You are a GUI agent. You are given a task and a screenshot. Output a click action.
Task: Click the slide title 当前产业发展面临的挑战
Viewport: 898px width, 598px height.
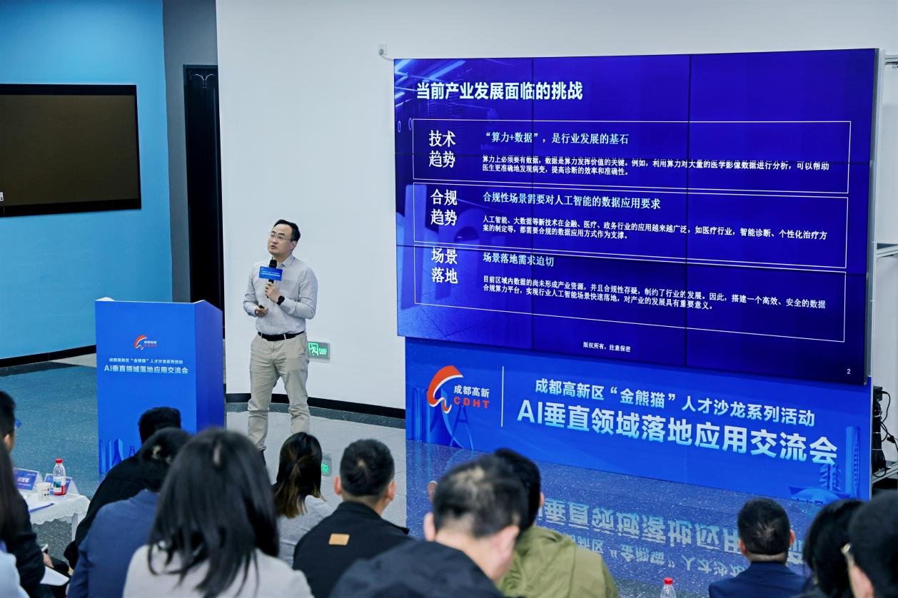[x=499, y=91]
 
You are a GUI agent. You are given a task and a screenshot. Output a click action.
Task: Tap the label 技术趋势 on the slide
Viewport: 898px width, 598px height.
[x=442, y=148]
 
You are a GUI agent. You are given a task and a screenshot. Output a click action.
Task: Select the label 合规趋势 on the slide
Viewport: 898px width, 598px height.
[x=443, y=207]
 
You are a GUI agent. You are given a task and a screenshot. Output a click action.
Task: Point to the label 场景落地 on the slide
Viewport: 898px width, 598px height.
[x=444, y=265]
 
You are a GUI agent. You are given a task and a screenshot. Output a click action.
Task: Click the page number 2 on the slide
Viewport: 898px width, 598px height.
[x=848, y=371]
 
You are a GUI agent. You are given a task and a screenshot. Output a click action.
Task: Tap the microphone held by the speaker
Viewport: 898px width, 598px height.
[x=271, y=271]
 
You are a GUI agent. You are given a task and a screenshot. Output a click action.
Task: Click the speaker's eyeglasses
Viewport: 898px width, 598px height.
[x=281, y=237]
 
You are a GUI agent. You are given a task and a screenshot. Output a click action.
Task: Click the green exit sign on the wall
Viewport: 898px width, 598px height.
[x=318, y=350]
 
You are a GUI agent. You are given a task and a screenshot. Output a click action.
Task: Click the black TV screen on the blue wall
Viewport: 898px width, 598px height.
[x=69, y=148]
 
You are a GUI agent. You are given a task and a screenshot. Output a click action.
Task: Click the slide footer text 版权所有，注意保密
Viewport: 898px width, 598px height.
[x=606, y=348]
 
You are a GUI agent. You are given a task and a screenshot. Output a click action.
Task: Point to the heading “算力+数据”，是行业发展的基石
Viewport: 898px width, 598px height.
[x=556, y=138]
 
